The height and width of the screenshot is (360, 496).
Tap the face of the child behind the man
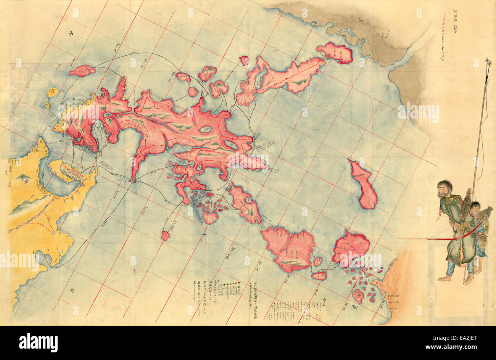point(475,208)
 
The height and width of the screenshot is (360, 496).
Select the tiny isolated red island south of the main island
point(165,235)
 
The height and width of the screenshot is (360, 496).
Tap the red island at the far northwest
point(82,70)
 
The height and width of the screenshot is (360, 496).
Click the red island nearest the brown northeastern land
point(335,52)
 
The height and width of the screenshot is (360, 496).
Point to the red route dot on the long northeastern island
point(286,79)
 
